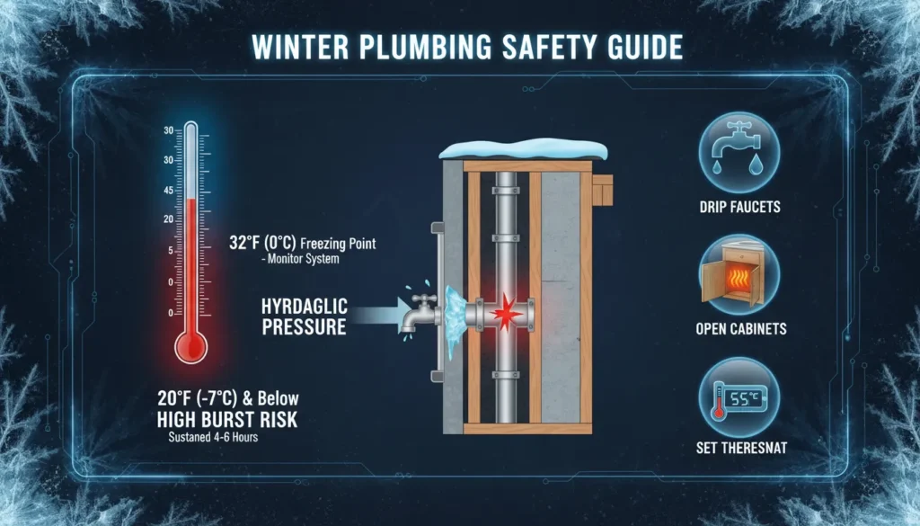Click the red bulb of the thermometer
(x=190, y=343)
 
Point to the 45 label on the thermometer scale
(x=168, y=190)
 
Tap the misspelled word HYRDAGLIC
(x=304, y=306)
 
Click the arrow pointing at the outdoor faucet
(x=376, y=315)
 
